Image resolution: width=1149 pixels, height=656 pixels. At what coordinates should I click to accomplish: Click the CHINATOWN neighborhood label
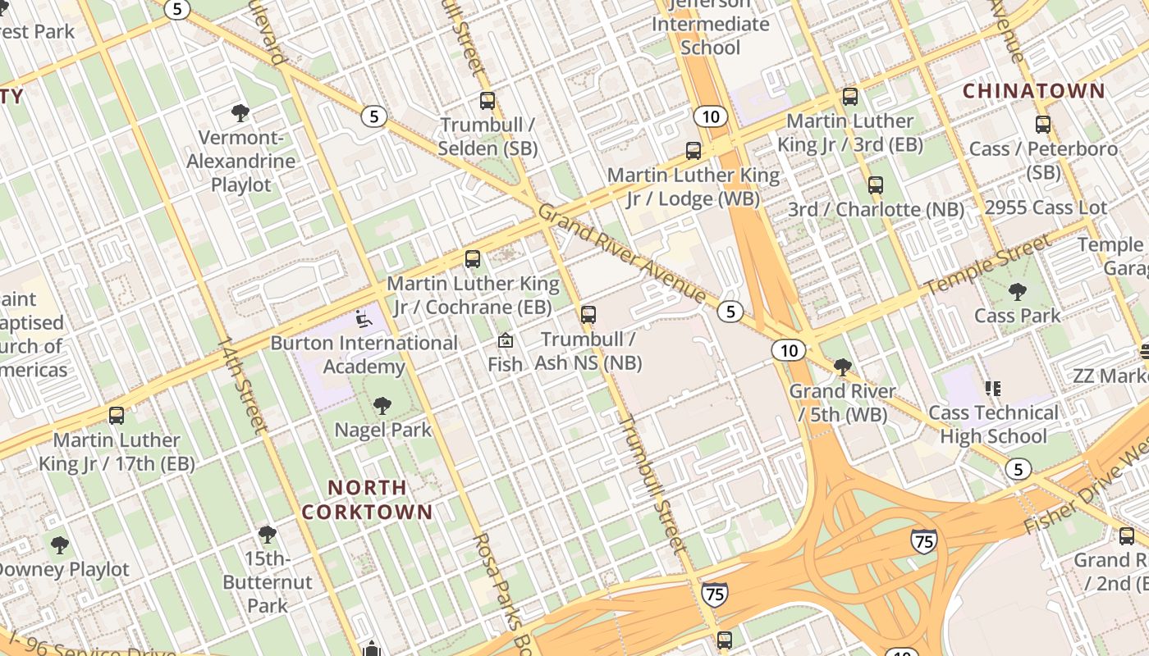click(x=1033, y=91)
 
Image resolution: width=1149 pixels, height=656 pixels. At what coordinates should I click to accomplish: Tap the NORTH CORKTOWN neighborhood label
click(x=367, y=499)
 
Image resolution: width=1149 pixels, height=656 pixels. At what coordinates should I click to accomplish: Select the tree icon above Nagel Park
click(x=382, y=405)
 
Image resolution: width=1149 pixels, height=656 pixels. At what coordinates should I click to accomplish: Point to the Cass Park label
click(x=1017, y=315)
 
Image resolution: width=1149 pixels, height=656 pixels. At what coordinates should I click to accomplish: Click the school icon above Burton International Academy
click(x=364, y=318)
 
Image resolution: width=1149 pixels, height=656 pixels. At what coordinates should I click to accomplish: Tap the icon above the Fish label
click(x=506, y=340)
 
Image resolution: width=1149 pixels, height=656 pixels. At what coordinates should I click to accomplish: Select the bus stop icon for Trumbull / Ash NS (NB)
click(x=588, y=314)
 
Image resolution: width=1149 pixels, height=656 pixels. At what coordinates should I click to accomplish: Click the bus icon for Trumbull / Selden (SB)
click(x=488, y=101)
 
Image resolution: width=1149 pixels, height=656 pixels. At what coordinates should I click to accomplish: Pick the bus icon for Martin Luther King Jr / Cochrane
click(x=473, y=259)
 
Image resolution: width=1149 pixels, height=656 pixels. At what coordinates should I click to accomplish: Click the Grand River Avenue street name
click(x=621, y=252)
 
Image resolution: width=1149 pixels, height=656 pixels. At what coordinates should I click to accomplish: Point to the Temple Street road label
click(x=987, y=265)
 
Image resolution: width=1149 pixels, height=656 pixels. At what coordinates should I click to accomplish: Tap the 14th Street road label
click(x=242, y=384)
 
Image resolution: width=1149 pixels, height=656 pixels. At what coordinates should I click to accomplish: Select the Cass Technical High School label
click(x=993, y=424)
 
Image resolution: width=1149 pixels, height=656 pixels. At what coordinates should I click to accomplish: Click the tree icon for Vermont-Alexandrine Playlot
click(x=240, y=112)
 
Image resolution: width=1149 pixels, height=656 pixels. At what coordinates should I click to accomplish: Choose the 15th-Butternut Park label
click(x=268, y=582)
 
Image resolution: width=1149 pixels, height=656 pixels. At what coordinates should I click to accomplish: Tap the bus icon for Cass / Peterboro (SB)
click(x=1042, y=125)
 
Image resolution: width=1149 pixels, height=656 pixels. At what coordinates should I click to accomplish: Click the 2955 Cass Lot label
click(x=1045, y=207)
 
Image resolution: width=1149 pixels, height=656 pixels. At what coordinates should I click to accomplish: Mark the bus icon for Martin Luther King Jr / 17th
click(x=117, y=416)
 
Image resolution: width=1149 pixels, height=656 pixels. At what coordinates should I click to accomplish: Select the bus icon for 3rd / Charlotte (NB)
click(x=876, y=185)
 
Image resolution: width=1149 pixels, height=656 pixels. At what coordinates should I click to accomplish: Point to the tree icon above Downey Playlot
click(x=59, y=544)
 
